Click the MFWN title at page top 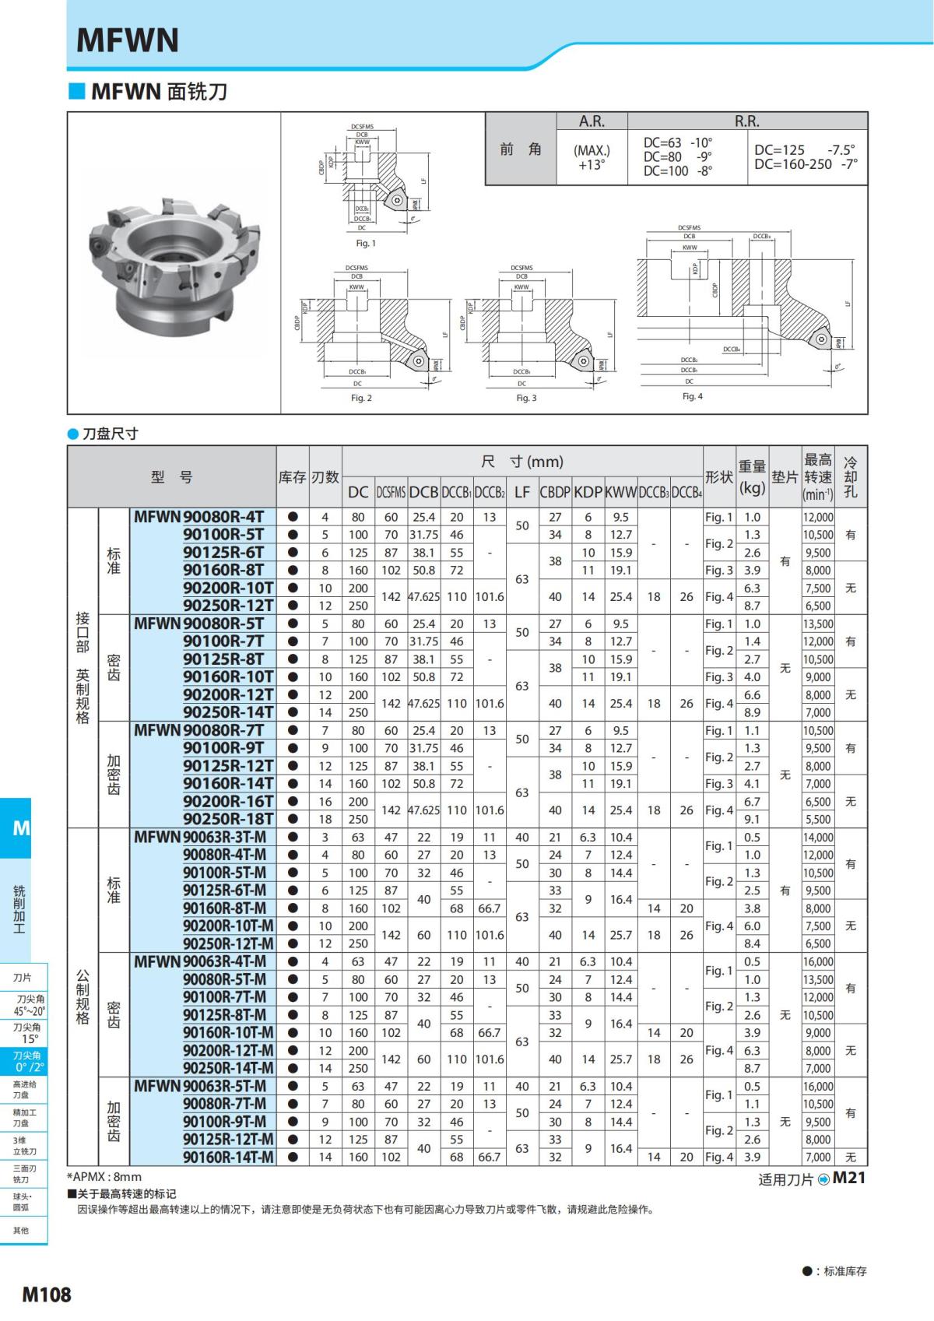(x=128, y=40)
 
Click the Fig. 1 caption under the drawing (x=366, y=244)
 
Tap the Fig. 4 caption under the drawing (x=692, y=396)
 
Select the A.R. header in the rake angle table (x=592, y=121)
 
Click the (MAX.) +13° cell (x=592, y=157)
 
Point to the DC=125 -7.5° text (x=805, y=149)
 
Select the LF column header (x=521, y=492)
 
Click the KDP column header (x=588, y=492)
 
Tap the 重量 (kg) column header (x=752, y=476)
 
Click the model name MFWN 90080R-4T (x=199, y=517)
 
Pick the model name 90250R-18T (x=228, y=819)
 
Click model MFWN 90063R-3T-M (x=200, y=838)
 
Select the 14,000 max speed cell (x=817, y=838)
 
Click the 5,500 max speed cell (x=817, y=819)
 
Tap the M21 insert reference (x=848, y=1178)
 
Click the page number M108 (x=46, y=1295)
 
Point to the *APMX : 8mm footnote (x=104, y=1177)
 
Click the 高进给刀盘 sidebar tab (x=24, y=1089)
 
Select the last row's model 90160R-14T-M (x=228, y=1158)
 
